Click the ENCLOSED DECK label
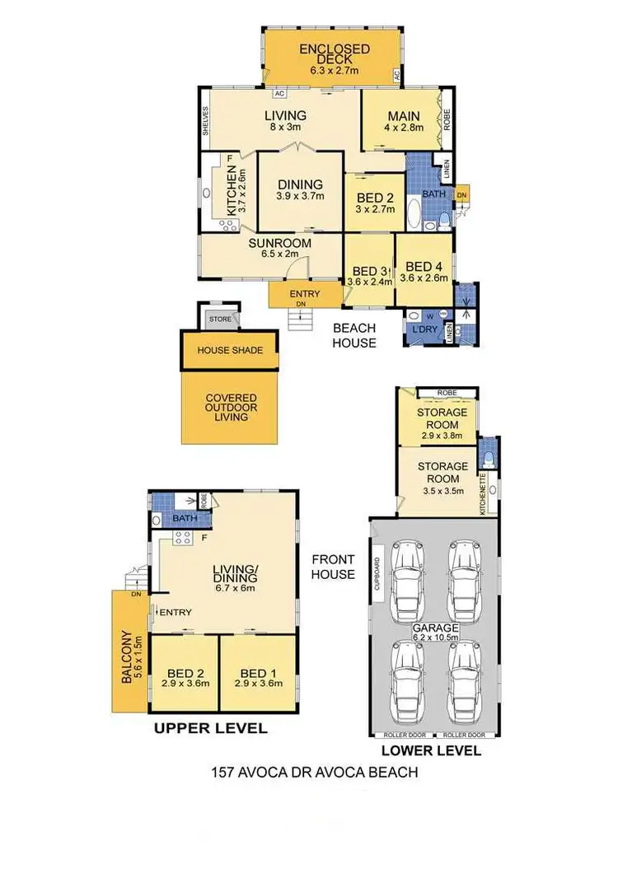[x=335, y=54]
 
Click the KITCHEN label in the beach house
[x=232, y=190]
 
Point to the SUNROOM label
[x=280, y=243]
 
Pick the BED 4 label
[x=424, y=267]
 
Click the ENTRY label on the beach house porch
[x=304, y=294]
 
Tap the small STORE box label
[x=219, y=318]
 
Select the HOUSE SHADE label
[x=230, y=350]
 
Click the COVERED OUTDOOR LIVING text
[x=231, y=407]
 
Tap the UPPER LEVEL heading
[x=212, y=728]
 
